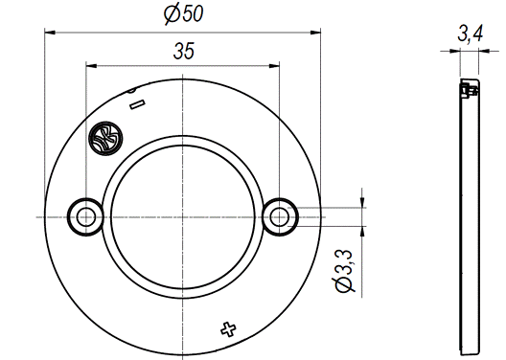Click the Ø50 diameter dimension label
184,14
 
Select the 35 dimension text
184,52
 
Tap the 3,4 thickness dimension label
471,34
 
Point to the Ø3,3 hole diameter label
344,271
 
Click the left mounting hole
86,217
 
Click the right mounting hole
279,217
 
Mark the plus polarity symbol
228,329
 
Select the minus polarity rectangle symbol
137,104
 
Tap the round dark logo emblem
105,138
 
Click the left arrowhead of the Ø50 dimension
50,33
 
